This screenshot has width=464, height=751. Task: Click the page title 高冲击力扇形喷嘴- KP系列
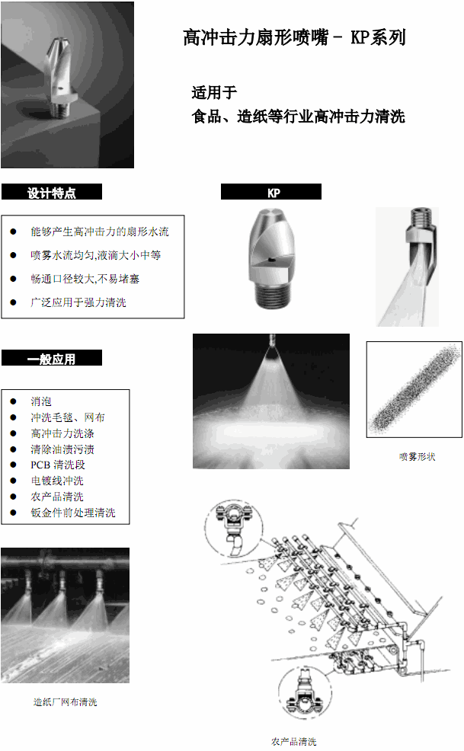coord(294,37)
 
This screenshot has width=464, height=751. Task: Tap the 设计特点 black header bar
coord(52,193)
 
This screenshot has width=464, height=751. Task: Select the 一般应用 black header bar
coord(52,359)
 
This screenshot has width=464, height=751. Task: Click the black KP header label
coord(272,193)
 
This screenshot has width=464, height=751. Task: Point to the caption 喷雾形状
coord(417,456)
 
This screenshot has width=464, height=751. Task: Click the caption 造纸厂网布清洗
coord(65,701)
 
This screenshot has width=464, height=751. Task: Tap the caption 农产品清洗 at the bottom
coord(293,741)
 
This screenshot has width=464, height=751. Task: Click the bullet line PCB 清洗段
coord(58,465)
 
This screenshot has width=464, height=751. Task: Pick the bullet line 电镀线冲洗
coord(57,481)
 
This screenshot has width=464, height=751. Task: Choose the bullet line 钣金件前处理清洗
coord(73,513)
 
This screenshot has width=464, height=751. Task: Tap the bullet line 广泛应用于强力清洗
coord(78,302)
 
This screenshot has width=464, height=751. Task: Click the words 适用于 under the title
coord(214,94)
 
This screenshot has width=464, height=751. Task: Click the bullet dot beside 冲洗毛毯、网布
coord(13,417)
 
